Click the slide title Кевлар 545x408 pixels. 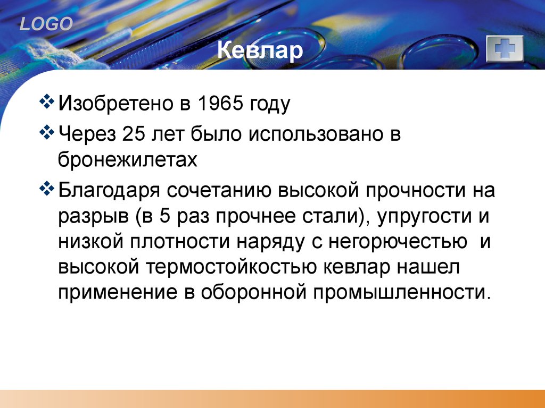click(x=260, y=52)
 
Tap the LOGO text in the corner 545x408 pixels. click(x=46, y=24)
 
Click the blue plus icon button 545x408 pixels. click(x=505, y=49)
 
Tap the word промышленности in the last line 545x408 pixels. click(x=400, y=292)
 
